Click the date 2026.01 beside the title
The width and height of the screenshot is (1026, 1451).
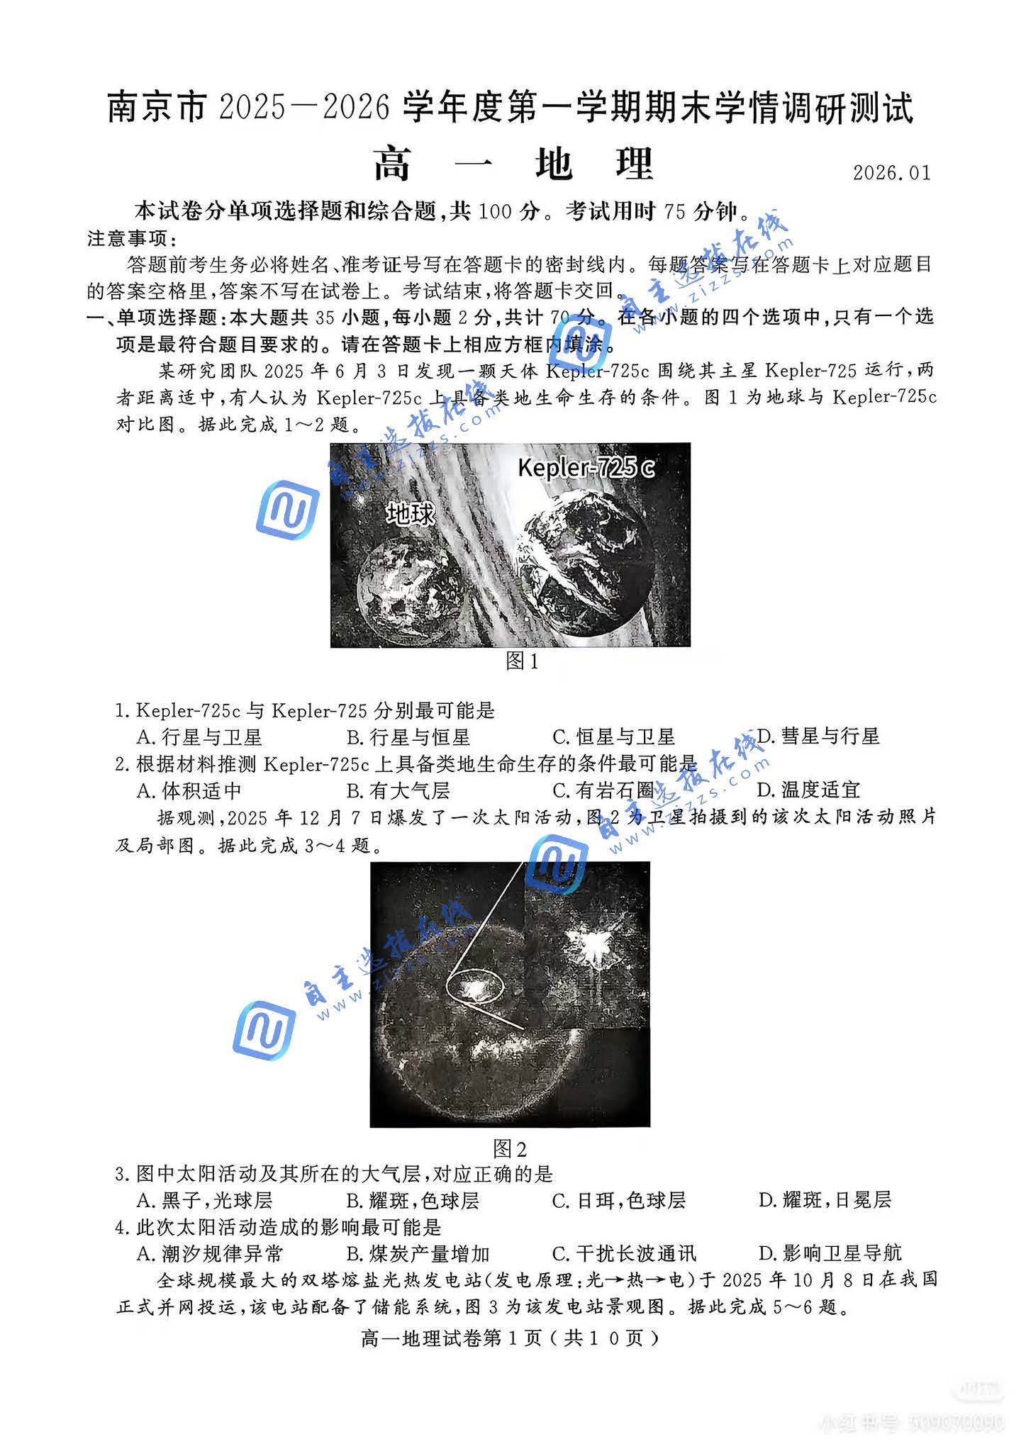click(x=891, y=173)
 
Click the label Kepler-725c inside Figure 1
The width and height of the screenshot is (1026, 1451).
click(x=586, y=468)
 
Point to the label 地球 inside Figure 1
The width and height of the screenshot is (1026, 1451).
click(x=410, y=514)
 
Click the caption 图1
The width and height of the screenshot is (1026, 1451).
click(x=522, y=661)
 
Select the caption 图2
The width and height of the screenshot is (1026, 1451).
click(x=510, y=1149)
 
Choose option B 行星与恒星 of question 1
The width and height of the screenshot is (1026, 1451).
click(x=408, y=737)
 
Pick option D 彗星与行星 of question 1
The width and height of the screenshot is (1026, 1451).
click(x=818, y=736)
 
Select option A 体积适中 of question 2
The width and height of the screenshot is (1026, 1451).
click(x=190, y=790)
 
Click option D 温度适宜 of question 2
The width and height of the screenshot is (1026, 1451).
click(x=809, y=790)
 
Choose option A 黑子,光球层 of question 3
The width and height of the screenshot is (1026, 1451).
click(x=205, y=1200)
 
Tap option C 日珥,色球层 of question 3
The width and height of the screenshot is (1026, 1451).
click(x=619, y=1200)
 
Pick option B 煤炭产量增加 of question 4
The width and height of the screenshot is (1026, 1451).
click(x=418, y=1253)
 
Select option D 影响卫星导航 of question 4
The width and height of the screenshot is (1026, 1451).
click(x=830, y=1253)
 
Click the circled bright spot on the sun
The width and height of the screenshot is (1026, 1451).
click(x=475, y=987)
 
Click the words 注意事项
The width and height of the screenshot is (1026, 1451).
click(x=128, y=238)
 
